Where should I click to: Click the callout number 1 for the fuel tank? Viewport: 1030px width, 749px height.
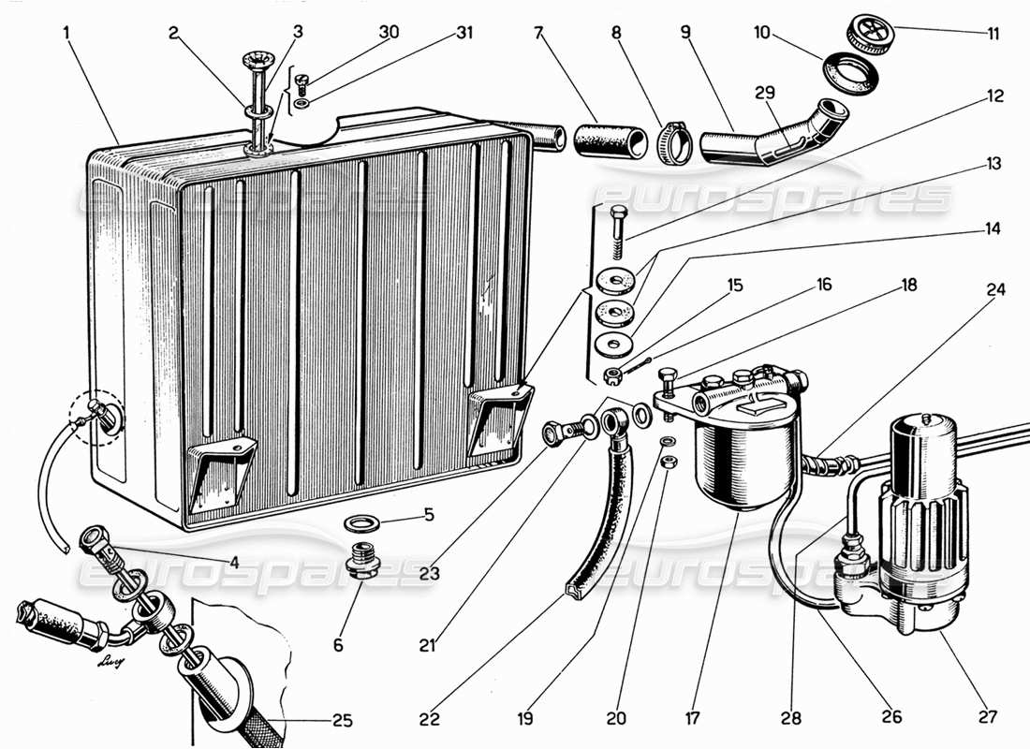pyautogui.click(x=66, y=32)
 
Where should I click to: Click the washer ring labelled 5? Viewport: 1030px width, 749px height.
pyautogui.click(x=361, y=521)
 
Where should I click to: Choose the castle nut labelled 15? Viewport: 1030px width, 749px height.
pyautogui.click(x=612, y=376)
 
